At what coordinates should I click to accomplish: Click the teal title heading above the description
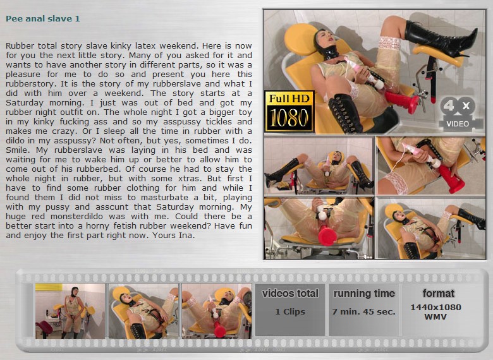(43, 19)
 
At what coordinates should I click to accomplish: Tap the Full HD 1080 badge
(289, 111)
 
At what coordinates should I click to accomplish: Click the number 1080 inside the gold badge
(289, 118)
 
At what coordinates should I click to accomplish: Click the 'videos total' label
(290, 294)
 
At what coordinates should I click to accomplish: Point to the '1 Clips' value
(290, 311)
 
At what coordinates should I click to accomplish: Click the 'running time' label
(364, 294)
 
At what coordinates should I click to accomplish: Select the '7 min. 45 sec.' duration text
(364, 311)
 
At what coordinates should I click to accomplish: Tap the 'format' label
(438, 294)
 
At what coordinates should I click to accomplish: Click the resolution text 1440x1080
(435, 307)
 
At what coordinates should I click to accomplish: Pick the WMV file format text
(435, 316)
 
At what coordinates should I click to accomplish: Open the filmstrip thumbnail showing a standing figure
(70, 311)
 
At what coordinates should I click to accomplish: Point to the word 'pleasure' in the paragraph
(23, 75)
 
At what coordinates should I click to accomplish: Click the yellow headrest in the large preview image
(301, 38)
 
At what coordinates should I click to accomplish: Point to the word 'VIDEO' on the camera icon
(458, 124)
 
